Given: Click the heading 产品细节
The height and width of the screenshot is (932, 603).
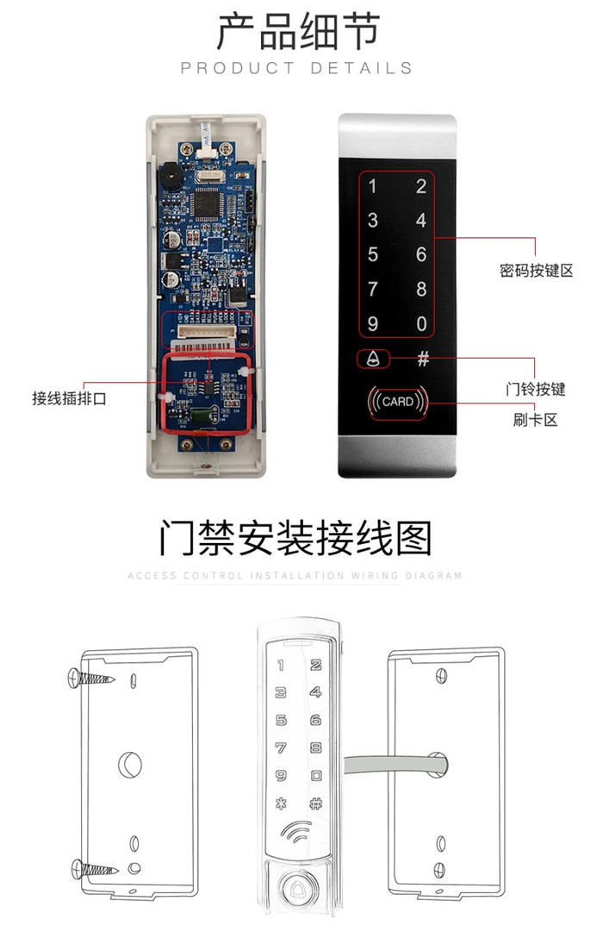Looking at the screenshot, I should tap(297, 32).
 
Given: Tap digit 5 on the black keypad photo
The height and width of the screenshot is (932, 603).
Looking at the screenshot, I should tap(373, 254).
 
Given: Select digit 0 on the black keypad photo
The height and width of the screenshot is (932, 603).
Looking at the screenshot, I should tap(421, 324).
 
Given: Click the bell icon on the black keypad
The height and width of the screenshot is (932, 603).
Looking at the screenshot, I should tap(372, 359).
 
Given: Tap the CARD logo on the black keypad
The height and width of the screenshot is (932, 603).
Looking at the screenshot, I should tap(398, 402).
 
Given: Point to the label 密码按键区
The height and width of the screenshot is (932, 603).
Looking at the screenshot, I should tap(536, 271).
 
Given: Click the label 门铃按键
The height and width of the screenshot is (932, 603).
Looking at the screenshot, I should tap(535, 389).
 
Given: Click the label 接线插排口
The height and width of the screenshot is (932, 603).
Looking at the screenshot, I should tap(69, 398).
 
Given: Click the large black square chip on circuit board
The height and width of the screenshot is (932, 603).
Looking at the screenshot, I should tap(209, 204).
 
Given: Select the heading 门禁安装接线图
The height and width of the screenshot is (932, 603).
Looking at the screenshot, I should tap(295, 536).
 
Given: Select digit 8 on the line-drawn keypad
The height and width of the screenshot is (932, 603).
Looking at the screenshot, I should tap(316, 747).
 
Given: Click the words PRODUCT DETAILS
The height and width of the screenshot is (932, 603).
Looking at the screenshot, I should tap(296, 68).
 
